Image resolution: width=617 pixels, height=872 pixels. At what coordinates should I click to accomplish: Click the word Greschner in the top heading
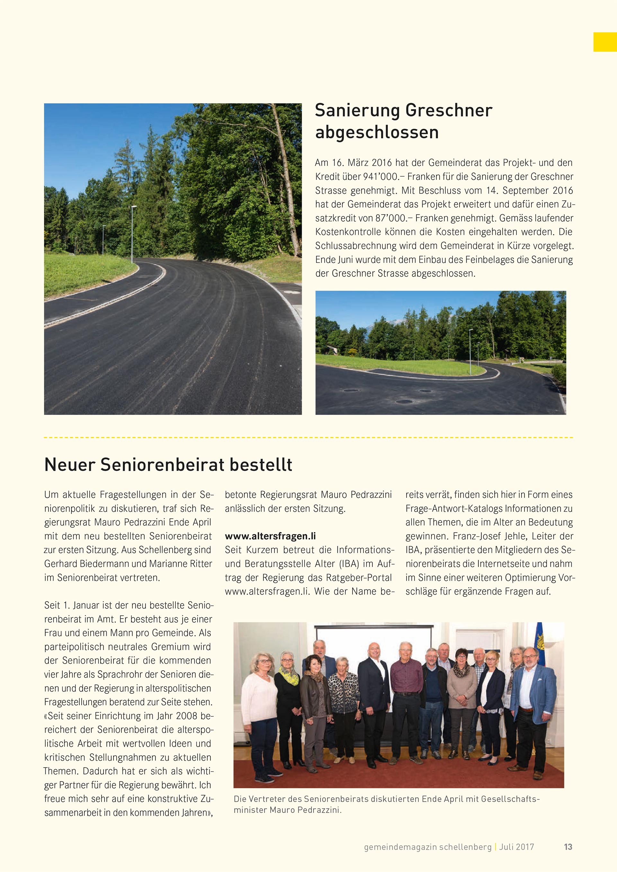click(x=449, y=110)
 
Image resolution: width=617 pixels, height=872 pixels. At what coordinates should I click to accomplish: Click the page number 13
click(x=568, y=847)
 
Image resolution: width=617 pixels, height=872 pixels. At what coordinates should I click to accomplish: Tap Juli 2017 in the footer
click(x=517, y=847)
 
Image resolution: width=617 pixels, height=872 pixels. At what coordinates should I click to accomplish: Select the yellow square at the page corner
click(x=605, y=42)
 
